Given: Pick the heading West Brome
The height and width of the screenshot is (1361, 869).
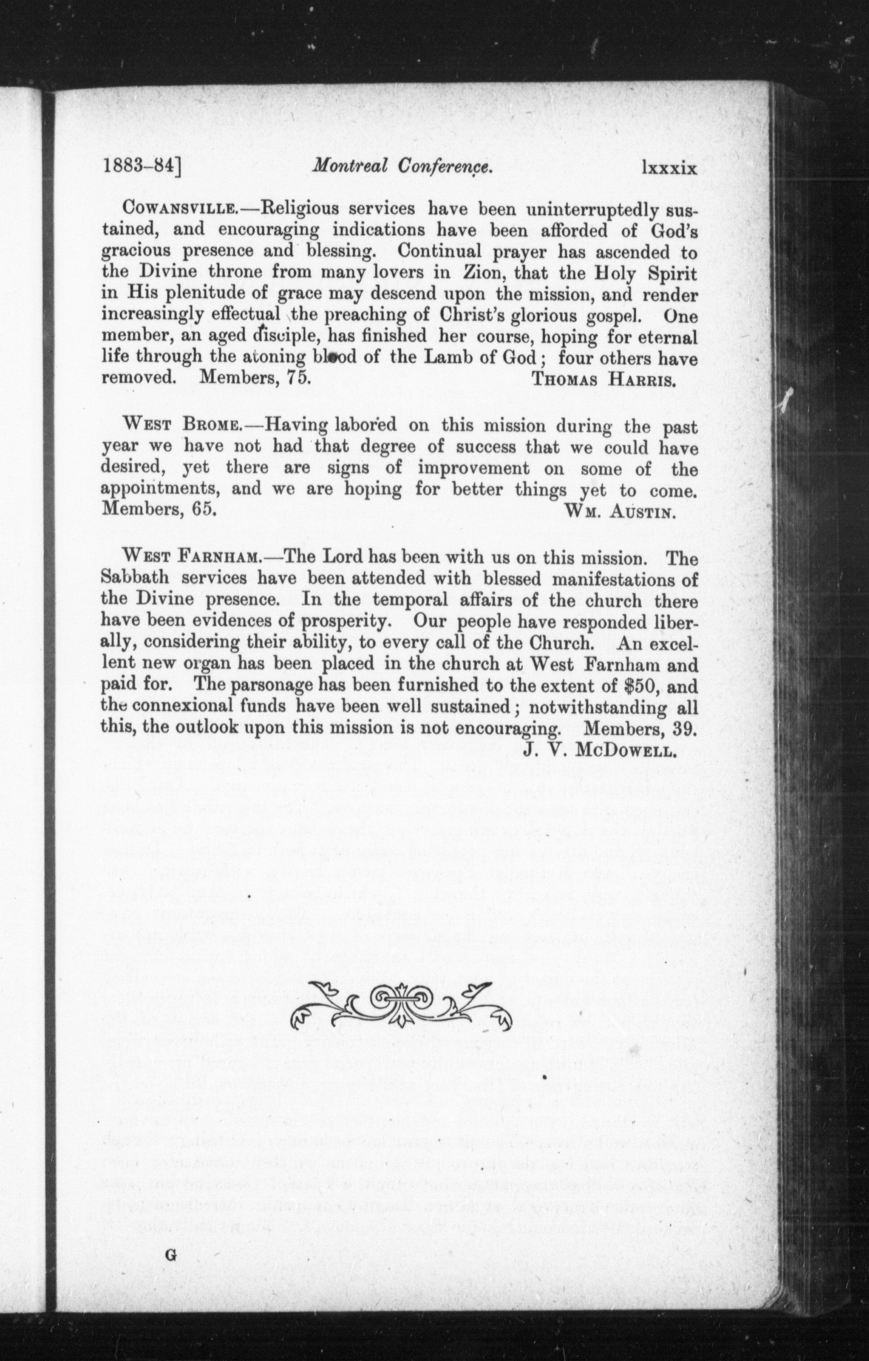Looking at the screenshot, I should pyautogui.click(x=187, y=425).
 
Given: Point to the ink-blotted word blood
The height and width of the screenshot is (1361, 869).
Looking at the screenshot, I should pyautogui.click(x=334, y=357).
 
